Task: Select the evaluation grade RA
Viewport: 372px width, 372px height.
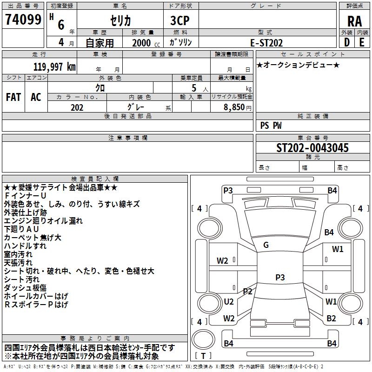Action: (354, 21)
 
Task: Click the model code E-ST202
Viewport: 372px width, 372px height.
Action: (266, 42)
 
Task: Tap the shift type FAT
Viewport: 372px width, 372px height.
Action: (13, 97)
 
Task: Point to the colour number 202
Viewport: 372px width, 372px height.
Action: (77, 107)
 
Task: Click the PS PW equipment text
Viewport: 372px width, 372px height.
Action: (271, 126)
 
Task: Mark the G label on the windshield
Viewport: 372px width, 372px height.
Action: (266, 245)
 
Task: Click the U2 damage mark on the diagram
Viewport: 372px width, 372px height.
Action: (229, 302)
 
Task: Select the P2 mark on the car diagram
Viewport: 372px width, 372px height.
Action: (247, 292)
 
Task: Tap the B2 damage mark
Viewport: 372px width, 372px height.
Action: (331, 318)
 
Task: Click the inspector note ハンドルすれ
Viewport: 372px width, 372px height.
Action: (25, 246)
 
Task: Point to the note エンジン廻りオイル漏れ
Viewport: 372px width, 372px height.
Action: (43, 221)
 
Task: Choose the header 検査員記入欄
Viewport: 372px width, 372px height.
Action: (95, 179)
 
